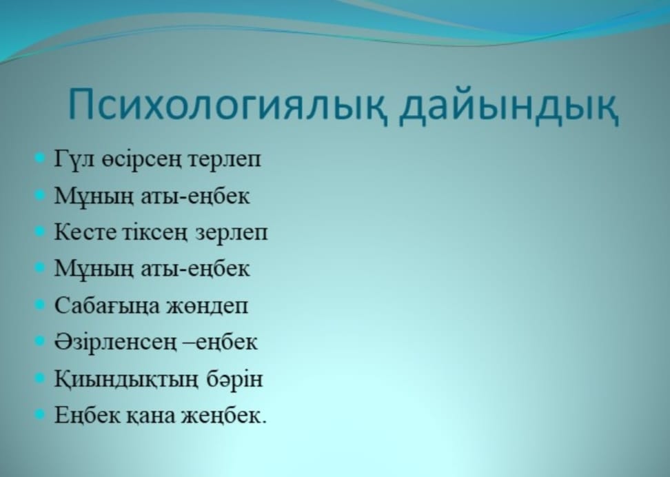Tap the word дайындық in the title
[x=509, y=105]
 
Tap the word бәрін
[x=234, y=378]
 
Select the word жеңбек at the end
[x=224, y=414]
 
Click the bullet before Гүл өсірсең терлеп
[x=39, y=159]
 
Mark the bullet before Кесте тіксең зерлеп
[x=39, y=231]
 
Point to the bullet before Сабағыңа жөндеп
[x=39, y=305]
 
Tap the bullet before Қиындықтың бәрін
[x=39, y=378]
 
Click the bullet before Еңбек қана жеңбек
[x=39, y=414]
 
